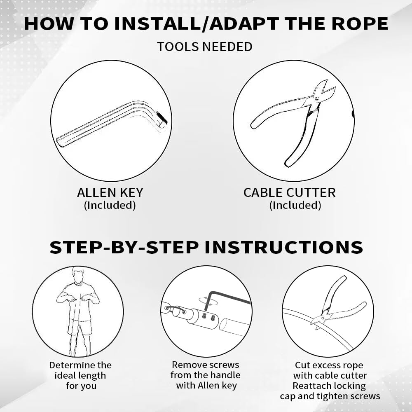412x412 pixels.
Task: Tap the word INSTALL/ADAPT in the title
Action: pos(197,23)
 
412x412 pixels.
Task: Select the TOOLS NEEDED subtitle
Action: pos(205,47)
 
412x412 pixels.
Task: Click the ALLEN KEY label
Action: pos(110,192)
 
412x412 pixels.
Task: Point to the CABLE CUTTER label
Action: pos(290,192)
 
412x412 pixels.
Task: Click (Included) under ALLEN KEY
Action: pos(110,205)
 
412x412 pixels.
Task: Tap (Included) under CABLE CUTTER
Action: pos(295,205)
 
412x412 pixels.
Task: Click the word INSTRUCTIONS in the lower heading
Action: pos(284,247)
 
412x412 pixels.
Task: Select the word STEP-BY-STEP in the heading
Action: pos(124,247)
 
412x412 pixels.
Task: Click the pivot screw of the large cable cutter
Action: pos(317,98)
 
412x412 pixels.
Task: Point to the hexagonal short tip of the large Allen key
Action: pos(162,119)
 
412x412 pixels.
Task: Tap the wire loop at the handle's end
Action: pos(175,310)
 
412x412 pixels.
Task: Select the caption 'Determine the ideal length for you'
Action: pos(80,375)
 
